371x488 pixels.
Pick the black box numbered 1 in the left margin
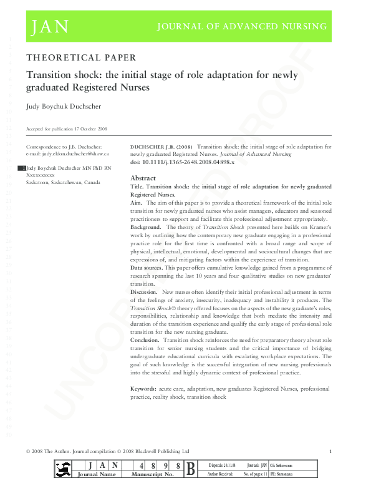tap(23, 168)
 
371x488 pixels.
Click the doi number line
tap(173, 162)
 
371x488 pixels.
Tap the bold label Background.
tap(145, 227)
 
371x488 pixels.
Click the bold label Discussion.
tap(144, 292)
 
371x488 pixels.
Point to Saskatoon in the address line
tap(39, 183)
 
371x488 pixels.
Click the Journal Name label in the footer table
tap(94, 475)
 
